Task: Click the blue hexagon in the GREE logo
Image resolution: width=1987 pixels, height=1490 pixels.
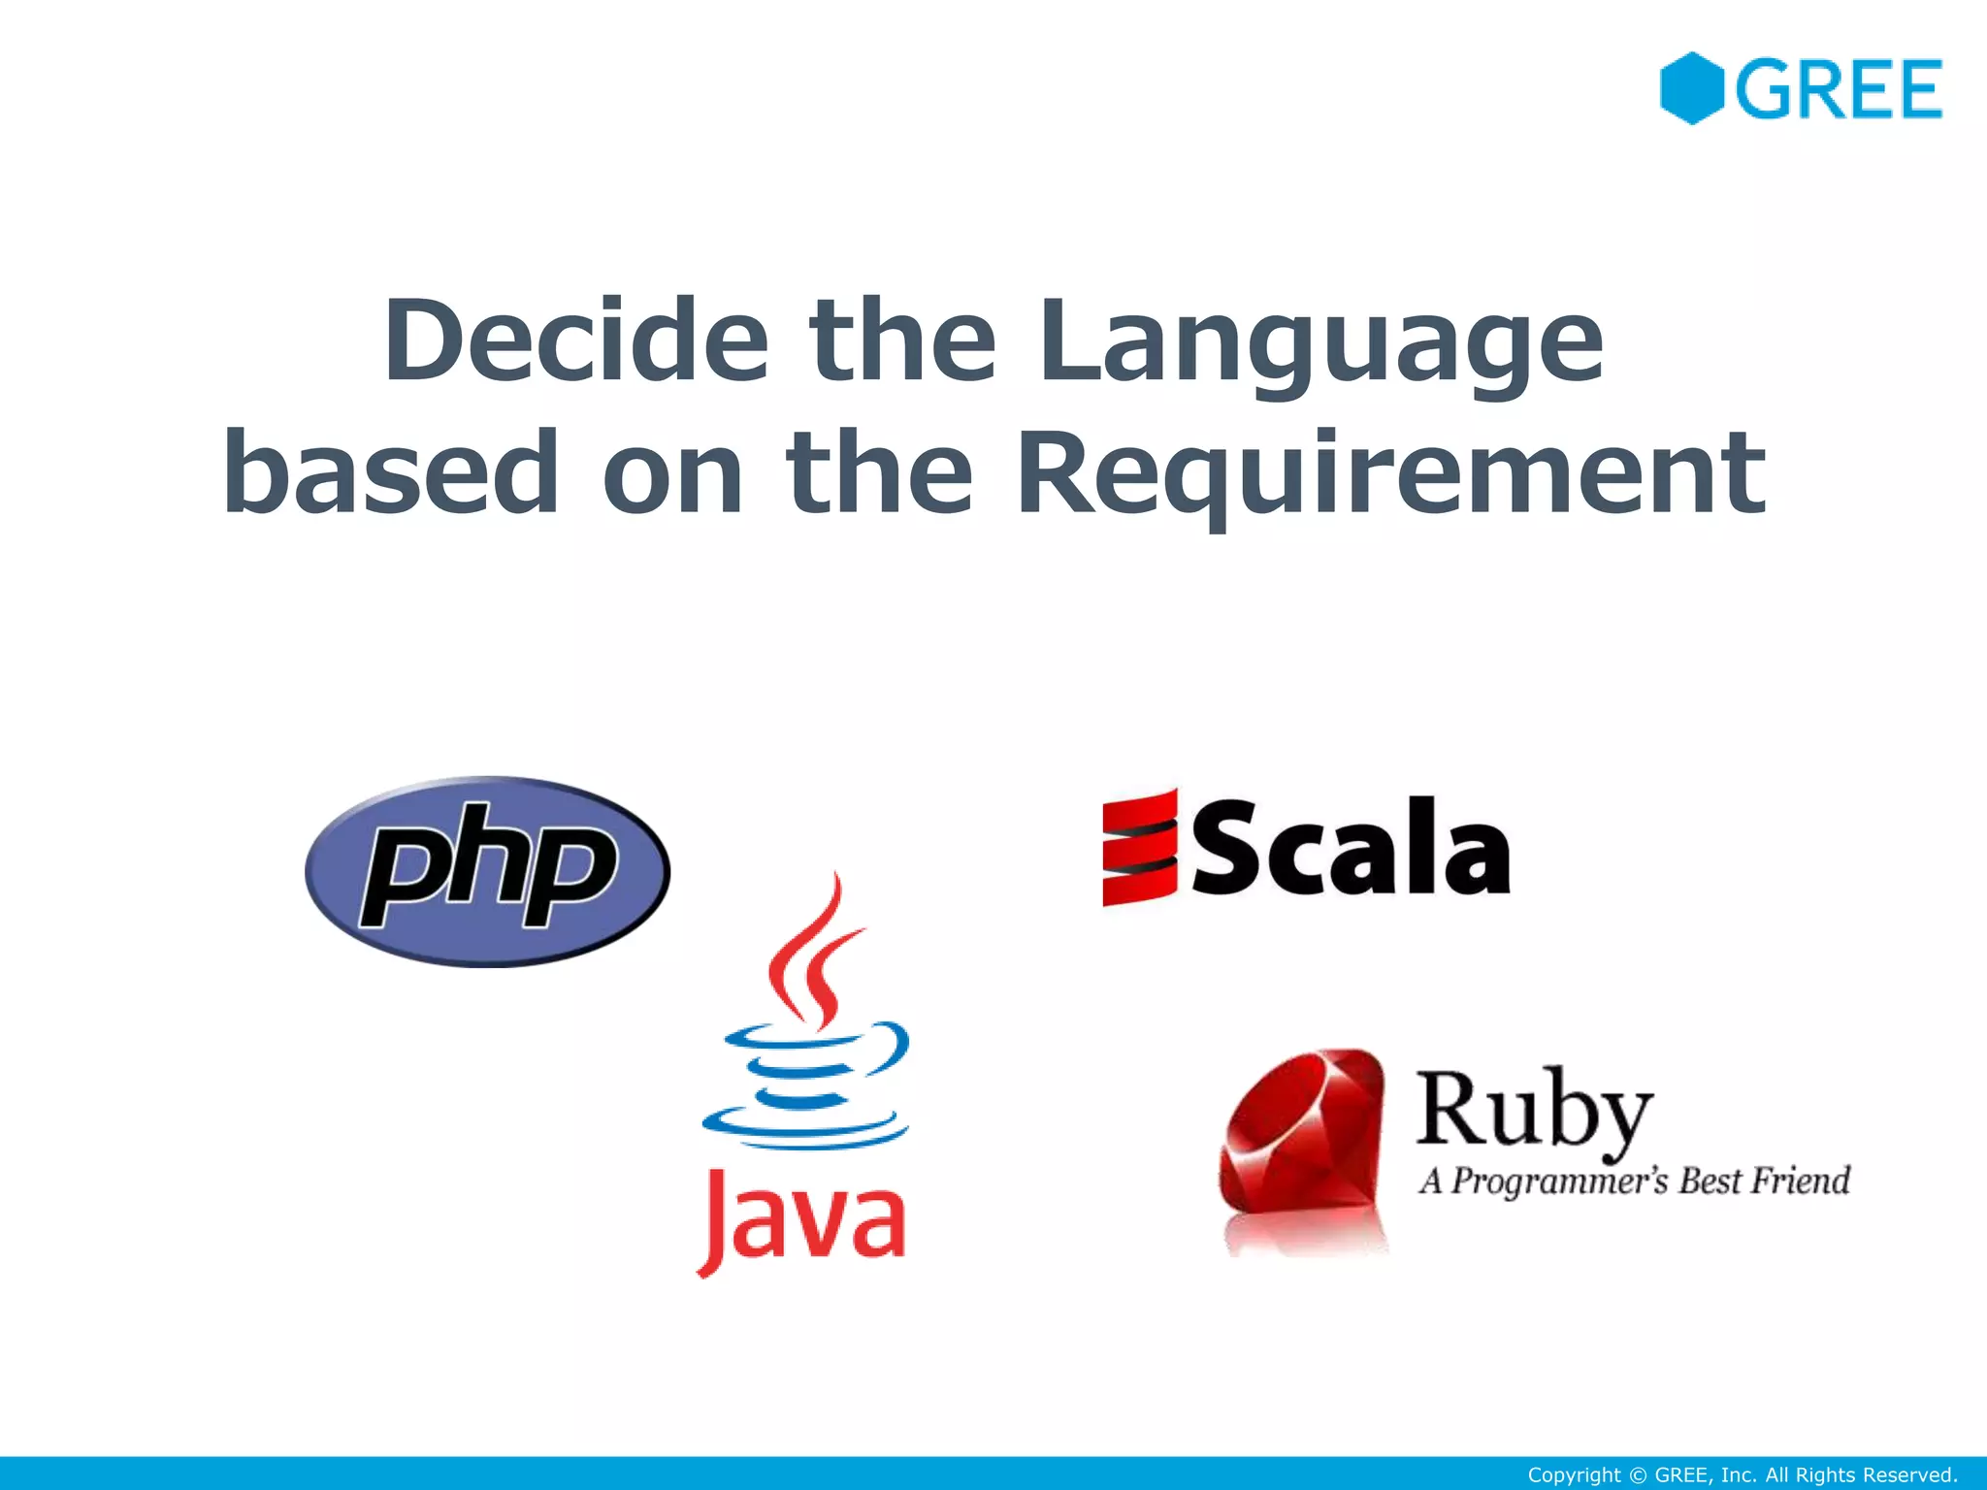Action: (x=1691, y=88)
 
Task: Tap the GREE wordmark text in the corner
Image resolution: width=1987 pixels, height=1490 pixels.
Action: (x=1839, y=89)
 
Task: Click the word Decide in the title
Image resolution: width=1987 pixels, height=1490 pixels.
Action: (x=576, y=340)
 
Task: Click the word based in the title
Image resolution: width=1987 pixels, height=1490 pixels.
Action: (x=391, y=472)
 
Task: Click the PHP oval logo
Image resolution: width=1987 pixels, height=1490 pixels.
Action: (x=487, y=870)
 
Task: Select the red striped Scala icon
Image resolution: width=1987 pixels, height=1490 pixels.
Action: (x=1140, y=848)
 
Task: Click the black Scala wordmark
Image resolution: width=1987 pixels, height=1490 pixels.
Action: (x=1350, y=847)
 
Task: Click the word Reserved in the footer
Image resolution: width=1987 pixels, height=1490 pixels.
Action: (x=1910, y=1475)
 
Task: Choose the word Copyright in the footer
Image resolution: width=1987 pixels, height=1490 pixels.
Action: (x=1574, y=1475)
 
